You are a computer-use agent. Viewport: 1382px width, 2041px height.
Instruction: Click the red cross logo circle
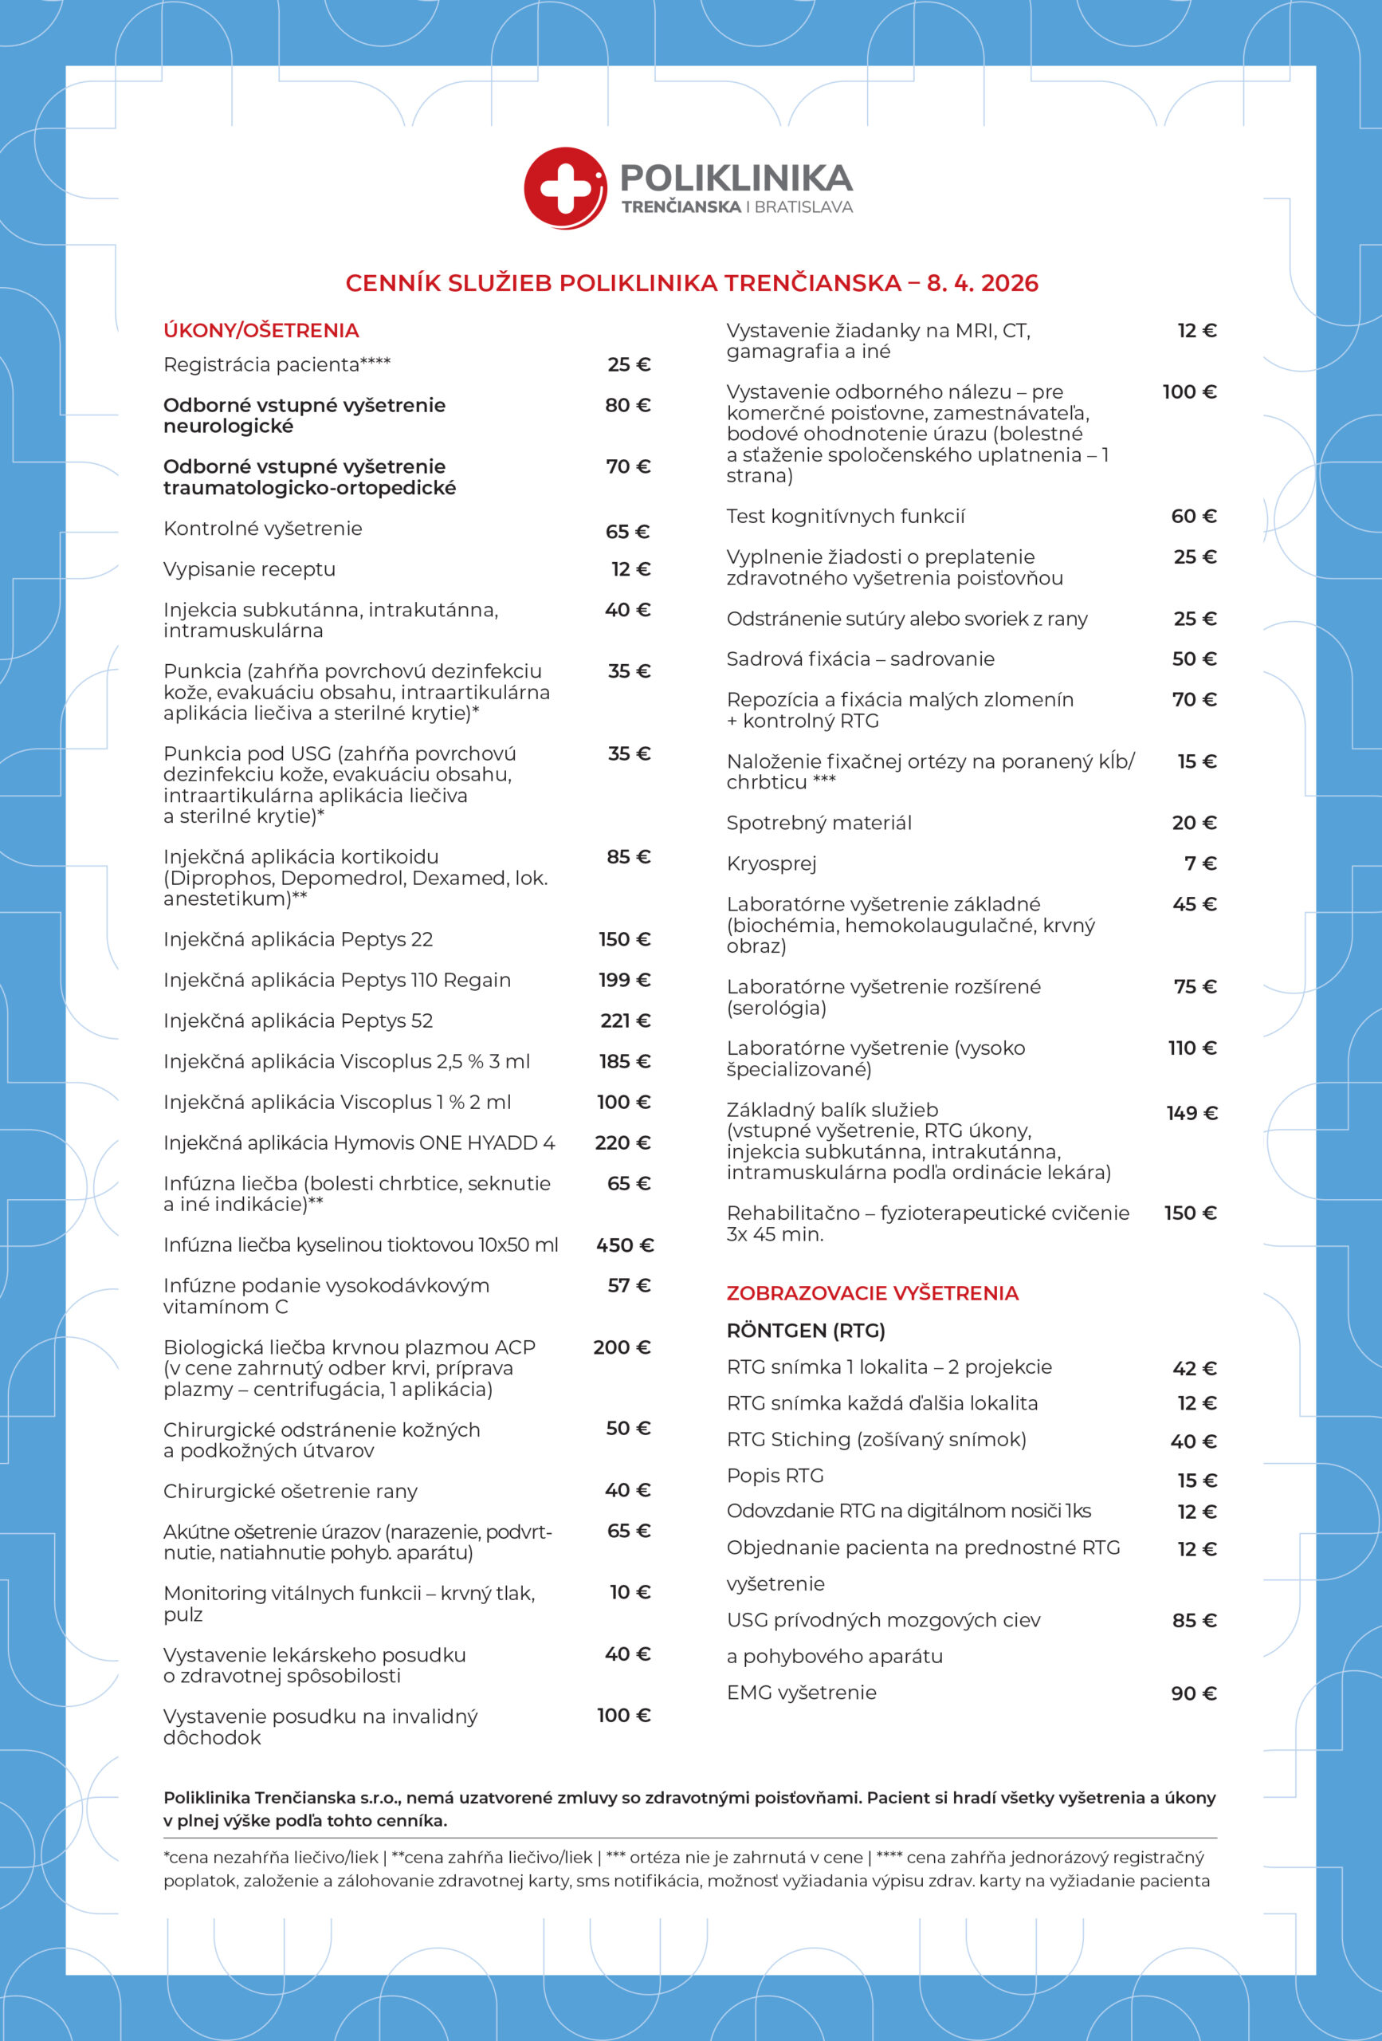coord(564,187)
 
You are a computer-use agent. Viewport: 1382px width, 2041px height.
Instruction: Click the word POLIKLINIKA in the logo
coord(736,179)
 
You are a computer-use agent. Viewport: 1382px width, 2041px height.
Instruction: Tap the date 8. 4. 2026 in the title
coord(983,283)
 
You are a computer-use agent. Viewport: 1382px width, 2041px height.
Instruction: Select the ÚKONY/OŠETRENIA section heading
coord(261,330)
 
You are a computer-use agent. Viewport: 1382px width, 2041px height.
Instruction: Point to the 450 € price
coord(624,1245)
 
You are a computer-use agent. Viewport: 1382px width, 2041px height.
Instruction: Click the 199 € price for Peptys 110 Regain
coord(624,979)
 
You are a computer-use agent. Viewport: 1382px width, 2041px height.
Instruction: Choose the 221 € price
coord(625,1020)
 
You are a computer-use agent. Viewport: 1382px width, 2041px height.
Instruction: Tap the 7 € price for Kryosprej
coord(1200,863)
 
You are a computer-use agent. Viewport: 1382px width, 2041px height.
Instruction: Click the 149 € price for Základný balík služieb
coord(1192,1113)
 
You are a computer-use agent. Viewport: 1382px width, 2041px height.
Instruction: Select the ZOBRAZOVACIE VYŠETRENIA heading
coord(872,1292)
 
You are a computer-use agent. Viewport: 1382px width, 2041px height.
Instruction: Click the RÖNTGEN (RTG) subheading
coord(805,1331)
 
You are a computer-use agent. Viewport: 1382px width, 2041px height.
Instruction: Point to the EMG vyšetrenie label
coord(801,1693)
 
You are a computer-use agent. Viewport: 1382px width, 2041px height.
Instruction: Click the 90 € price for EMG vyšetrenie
coord(1193,1693)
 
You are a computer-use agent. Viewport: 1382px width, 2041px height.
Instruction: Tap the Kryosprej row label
coord(771,863)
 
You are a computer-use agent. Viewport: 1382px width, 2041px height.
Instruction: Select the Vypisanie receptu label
coord(249,569)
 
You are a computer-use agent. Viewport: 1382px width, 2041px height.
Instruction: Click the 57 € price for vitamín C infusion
coord(629,1285)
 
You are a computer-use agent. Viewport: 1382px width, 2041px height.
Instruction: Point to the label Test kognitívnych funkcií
coord(845,517)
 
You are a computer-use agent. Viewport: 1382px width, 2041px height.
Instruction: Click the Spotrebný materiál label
coord(819,823)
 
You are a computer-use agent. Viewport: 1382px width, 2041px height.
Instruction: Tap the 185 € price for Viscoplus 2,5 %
coord(624,1061)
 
